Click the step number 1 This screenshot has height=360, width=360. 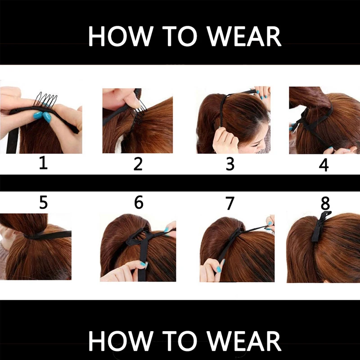pos(43,164)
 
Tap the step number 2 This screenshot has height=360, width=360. pos(138,164)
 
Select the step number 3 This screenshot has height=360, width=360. pos(230,164)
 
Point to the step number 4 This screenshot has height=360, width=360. pos(324,165)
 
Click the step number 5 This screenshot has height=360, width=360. pos(43,202)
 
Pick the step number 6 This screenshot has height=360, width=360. pos(139,202)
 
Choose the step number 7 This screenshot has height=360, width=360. pos(230,203)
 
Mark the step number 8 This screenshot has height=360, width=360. pos(325,203)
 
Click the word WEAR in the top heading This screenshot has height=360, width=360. pos(244,36)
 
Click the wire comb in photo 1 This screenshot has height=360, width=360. pos(46,99)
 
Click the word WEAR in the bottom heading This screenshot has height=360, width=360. pos(244,341)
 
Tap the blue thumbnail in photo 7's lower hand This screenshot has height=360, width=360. pos(219,269)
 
